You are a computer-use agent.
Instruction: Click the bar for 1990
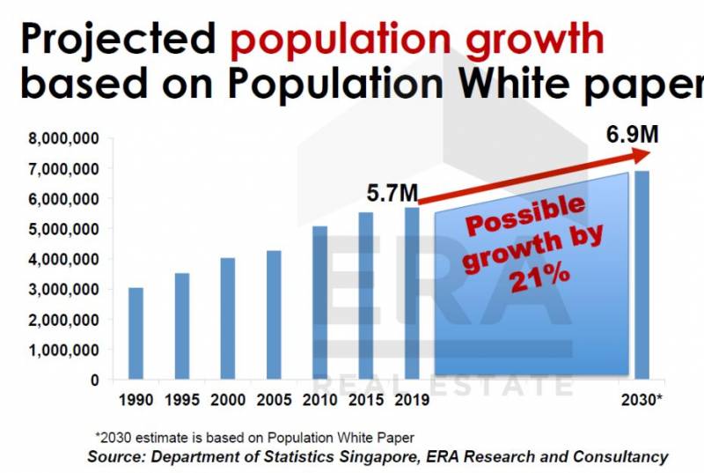click(x=136, y=334)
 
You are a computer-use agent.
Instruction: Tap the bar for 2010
click(x=319, y=303)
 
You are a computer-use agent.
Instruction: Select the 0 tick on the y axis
click(x=93, y=381)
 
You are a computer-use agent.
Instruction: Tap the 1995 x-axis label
click(x=180, y=401)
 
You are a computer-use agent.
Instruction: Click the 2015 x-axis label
click(x=364, y=401)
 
